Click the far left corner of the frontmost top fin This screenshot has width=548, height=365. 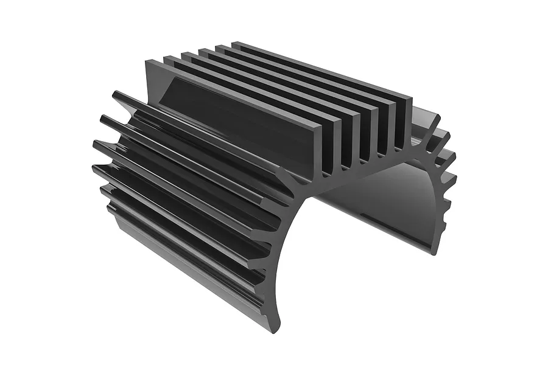pos(148,62)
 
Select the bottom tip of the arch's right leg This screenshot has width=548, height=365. pos(434,249)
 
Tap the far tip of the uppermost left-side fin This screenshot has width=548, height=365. pos(116,94)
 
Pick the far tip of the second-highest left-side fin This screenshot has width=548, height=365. pos(104,119)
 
